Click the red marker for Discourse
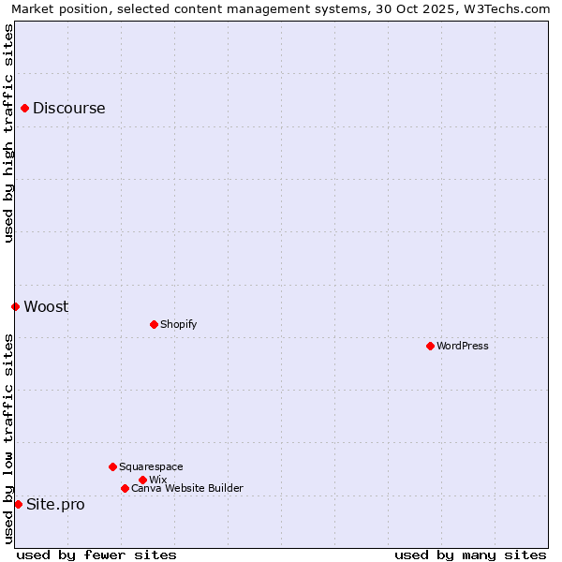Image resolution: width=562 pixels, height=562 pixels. (x=24, y=108)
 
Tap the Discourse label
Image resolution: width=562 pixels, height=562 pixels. (x=69, y=108)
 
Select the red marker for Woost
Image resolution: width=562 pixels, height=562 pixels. (x=15, y=306)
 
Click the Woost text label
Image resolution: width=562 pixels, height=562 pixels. (x=46, y=306)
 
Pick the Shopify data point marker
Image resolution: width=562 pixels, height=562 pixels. (x=154, y=324)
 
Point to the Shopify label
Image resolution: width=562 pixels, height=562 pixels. (x=178, y=324)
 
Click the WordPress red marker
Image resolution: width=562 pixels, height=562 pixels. (x=430, y=346)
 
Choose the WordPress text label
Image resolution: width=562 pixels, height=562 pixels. (x=463, y=346)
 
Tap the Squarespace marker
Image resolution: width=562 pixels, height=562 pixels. (x=112, y=466)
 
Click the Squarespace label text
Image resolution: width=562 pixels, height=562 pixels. (x=151, y=466)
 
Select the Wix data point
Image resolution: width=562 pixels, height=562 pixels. (x=142, y=480)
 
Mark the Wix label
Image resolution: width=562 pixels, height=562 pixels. (x=157, y=480)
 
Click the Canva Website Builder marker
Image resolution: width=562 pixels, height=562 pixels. (x=125, y=488)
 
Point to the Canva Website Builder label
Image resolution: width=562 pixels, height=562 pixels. (x=187, y=488)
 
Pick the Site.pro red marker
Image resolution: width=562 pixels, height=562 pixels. (x=18, y=504)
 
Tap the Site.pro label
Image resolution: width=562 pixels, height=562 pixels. (x=55, y=504)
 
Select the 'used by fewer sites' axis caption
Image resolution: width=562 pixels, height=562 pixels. (x=96, y=555)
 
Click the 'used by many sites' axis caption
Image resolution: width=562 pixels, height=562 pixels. (x=470, y=555)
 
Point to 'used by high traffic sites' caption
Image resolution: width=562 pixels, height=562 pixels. (x=8, y=133)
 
